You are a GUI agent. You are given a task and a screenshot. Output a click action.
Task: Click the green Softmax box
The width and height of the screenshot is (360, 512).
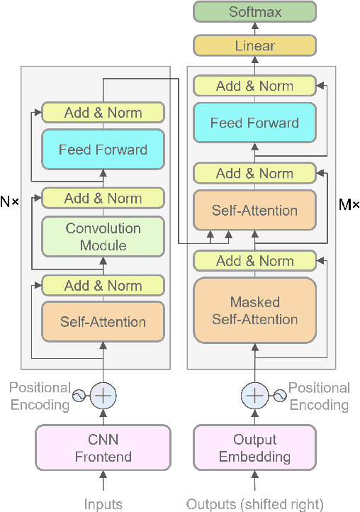pos(254,12)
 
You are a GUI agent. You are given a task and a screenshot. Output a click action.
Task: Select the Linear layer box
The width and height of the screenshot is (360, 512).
pos(254,46)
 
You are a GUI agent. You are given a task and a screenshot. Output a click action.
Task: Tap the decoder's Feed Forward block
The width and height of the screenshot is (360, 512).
pos(254,123)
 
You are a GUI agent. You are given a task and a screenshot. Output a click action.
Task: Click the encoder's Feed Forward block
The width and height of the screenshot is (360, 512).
pos(103,150)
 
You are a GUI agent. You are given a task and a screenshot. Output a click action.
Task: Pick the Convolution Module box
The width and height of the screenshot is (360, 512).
pos(103,237)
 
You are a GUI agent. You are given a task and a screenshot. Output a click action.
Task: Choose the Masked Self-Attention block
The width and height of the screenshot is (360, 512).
pos(254,311)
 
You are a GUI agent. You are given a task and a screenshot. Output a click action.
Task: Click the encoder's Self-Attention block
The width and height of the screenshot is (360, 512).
pos(103,322)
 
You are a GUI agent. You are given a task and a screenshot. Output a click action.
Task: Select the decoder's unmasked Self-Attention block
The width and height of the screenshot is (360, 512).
pos(254,211)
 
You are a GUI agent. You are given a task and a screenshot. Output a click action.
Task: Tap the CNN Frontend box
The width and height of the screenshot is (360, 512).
pos(103,447)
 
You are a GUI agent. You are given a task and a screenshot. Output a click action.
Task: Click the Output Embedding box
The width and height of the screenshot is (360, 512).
pos(254,447)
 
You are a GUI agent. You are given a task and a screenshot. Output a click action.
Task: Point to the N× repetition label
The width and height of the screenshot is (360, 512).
pos(10,202)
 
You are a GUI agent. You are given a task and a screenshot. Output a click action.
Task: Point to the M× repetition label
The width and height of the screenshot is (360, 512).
pos(349,206)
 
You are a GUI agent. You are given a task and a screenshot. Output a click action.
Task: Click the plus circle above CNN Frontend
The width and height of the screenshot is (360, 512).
pos(103,396)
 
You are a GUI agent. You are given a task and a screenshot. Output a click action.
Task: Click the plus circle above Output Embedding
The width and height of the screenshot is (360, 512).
pos(254,396)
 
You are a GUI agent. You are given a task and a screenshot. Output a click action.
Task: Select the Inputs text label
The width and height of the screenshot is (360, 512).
pos(103,504)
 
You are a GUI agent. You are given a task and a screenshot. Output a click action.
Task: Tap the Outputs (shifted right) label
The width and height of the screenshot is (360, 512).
pos(254,504)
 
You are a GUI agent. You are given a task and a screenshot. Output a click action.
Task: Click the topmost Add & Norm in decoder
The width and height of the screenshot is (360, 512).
pos(254,87)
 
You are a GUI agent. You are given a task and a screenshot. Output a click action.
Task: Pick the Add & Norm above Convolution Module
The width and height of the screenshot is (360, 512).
pos(103,199)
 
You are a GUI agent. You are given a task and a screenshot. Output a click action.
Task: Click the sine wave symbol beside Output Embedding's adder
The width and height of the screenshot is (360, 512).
pos(279,396)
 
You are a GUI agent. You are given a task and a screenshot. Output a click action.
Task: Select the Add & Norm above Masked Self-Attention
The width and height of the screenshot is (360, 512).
pos(254,261)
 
